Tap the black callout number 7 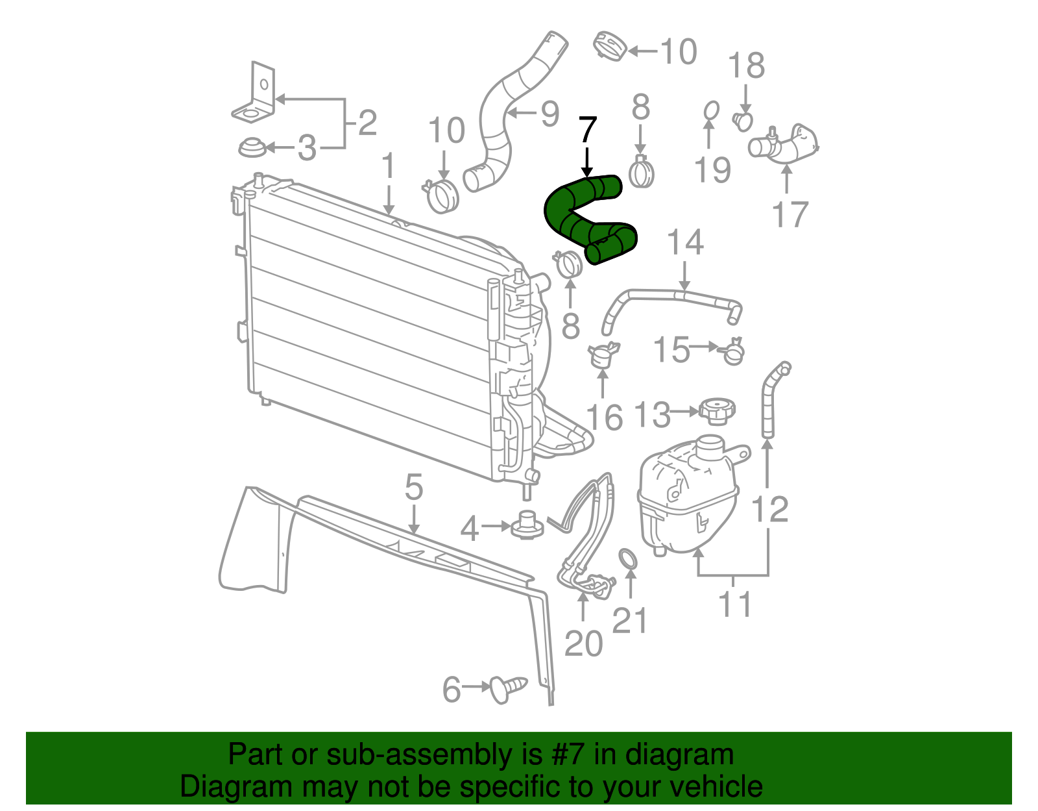pos(586,130)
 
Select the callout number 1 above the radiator pos(389,166)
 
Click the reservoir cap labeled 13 pos(716,412)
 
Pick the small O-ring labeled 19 pos(711,111)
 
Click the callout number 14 pos(685,242)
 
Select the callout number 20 pos(583,643)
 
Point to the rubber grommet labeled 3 pos(252,148)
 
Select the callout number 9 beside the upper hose pos(549,114)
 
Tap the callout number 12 pos(769,510)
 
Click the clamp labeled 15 pos(733,351)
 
